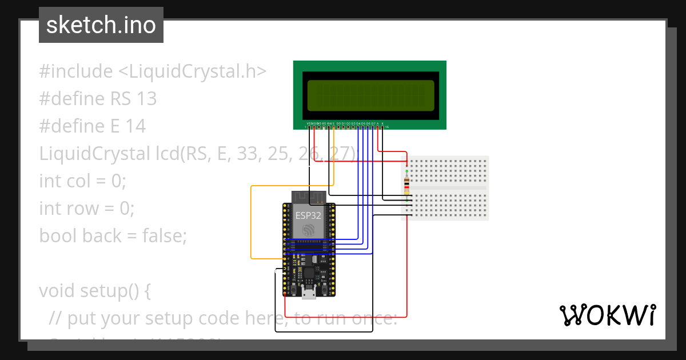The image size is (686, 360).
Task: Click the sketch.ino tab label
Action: coord(101,25)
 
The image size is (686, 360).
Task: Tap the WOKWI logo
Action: coord(607,315)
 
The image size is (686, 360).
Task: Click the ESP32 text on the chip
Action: coord(308,216)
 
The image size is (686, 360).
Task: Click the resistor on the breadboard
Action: coord(406,185)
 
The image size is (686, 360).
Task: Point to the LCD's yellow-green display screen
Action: coord(370,95)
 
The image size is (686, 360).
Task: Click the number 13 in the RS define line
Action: coord(146,99)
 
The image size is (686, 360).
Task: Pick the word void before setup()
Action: coord(58,291)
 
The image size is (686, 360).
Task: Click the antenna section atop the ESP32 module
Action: coord(309,197)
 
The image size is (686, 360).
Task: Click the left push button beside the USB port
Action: coord(293,291)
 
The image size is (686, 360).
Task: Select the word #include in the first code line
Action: coord(76,72)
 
